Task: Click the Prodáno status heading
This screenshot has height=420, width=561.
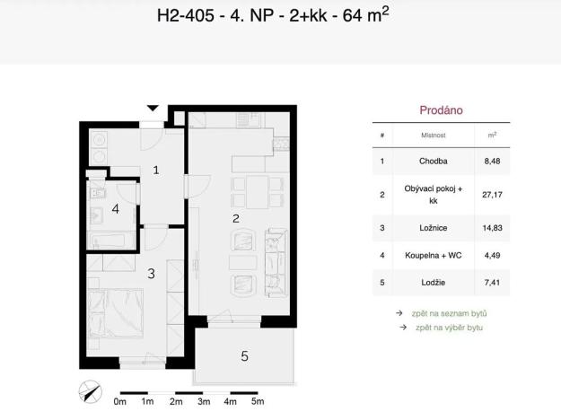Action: click(441, 110)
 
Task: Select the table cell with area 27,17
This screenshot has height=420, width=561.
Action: click(491, 194)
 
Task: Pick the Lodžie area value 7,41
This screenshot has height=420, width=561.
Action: click(491, 283)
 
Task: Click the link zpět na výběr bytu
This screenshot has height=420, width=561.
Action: click(448, 328)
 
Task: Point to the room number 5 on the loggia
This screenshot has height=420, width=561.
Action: click(244, 356)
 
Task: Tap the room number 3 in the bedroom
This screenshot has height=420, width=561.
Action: click(152, 274)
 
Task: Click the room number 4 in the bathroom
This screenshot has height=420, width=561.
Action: click(115, 209)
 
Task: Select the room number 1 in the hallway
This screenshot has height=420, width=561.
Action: click(155, 169)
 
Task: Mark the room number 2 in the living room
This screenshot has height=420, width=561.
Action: click(235, 218)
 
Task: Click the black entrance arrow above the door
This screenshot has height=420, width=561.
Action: click(153, 108)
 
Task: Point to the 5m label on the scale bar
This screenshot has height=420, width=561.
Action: click(258, 403)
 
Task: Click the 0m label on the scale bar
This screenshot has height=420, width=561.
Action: click(120, 403)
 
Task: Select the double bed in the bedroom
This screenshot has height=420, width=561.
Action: click(117, 314)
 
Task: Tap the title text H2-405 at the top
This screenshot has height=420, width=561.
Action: click(183, 15)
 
